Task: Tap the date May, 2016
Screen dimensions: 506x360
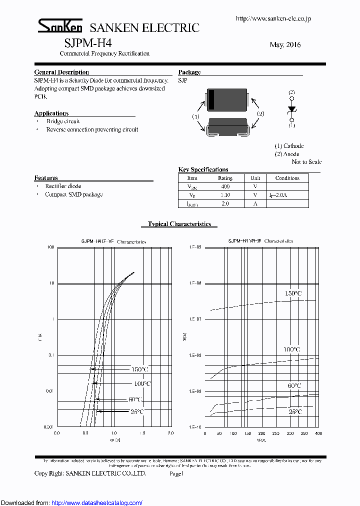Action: [285, 45]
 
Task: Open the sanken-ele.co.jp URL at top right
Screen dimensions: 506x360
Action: [273, 18]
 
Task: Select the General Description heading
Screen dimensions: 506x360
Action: [61, 72]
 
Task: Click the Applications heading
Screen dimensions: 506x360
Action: [51, 113]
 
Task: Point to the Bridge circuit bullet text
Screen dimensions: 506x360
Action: [63, 121]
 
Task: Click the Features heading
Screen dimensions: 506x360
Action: [46, 178]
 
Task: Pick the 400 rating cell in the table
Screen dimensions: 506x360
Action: [225, 186]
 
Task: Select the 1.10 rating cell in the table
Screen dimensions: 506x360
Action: [225, 195]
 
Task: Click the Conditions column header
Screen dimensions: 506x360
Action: [287, 178]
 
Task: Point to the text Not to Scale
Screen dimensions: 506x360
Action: [306, 162]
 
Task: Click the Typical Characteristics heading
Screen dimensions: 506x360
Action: [179, 224]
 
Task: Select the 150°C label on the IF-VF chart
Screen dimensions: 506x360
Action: [139, 369]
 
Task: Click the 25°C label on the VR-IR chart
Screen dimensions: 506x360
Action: [295, 411]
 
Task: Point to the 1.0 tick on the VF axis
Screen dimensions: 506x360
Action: [114, 433]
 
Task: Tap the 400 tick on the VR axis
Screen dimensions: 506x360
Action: [318, 433]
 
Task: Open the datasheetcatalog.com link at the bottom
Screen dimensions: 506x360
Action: [97, 502]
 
